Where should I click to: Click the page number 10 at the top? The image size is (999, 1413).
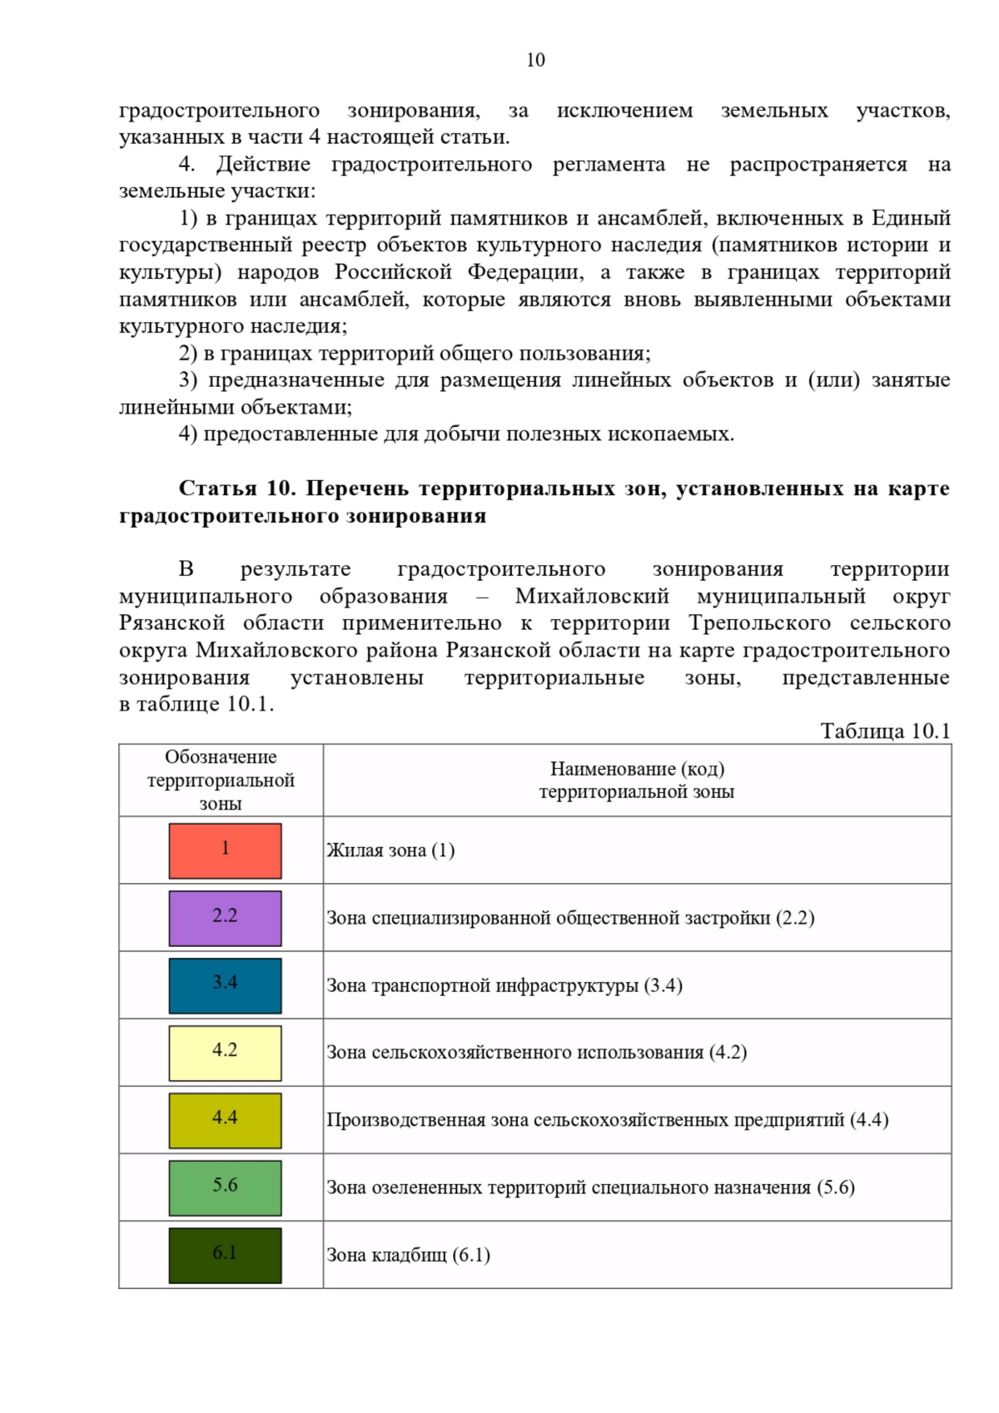[535, 60]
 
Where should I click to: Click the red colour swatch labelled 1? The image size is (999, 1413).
[225, 850]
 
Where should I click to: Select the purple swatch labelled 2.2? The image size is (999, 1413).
[225, 918]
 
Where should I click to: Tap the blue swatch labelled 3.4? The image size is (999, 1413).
[225, 985]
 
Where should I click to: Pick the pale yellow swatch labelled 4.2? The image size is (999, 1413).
[225, 1053]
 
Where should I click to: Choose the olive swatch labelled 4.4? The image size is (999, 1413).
[225, 1120]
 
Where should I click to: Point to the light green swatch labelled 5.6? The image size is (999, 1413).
[225, 1187]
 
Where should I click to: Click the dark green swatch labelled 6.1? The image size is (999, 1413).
[225, 1255]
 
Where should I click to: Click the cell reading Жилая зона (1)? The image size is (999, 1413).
[390, 850]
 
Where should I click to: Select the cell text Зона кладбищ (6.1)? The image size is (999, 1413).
[408, 1255]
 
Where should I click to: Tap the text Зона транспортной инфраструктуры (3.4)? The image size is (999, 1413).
[504, 985]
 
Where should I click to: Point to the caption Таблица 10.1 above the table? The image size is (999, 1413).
[885, 731]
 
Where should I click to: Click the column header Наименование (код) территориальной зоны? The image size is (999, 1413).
[637, 781]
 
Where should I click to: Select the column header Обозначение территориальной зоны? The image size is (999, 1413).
[221, 781]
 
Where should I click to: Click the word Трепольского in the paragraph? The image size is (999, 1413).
[759, 623]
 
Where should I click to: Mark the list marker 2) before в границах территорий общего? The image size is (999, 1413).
[188, 353]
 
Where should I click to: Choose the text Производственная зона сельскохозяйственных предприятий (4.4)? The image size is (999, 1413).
[607, 1120]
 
